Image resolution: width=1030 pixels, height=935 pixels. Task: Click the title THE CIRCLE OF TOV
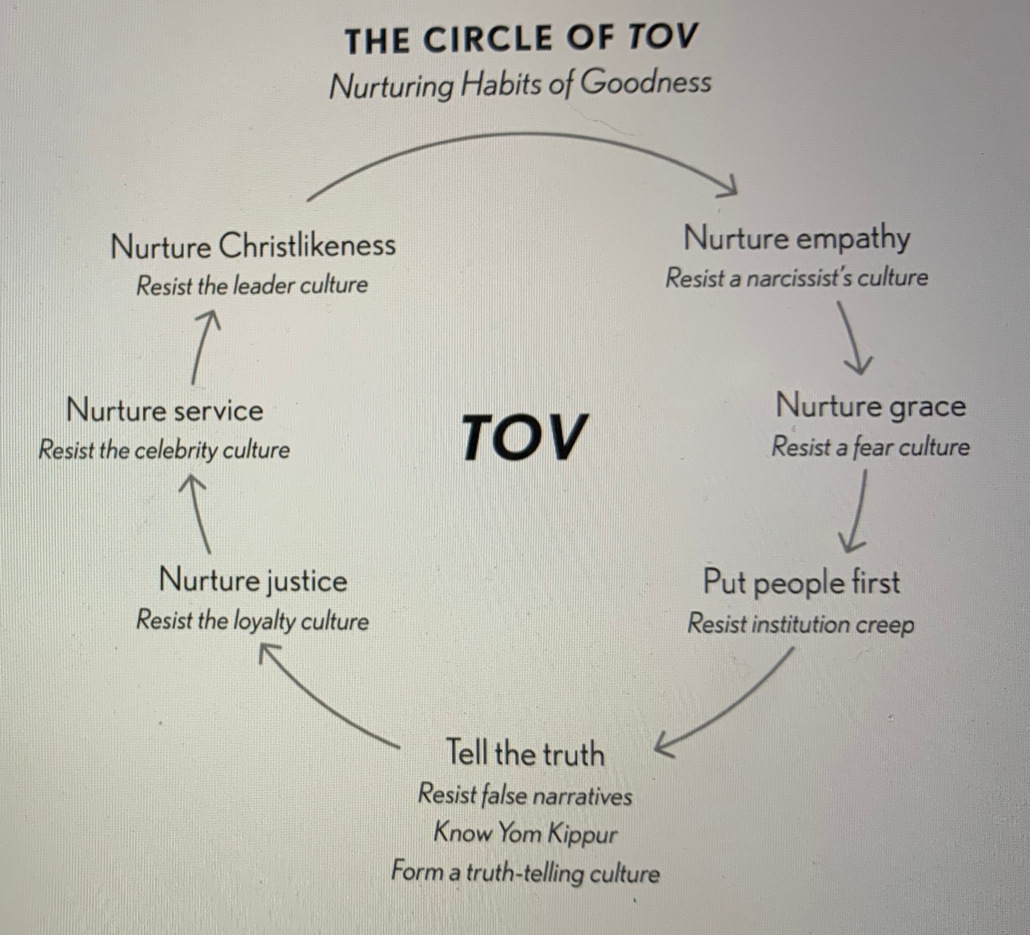tap(521, 39)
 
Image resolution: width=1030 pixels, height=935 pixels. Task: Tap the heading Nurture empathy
tap(797, 239)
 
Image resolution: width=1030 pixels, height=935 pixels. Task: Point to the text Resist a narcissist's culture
tap(797, 278)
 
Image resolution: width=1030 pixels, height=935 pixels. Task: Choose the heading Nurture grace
tap(871, 407)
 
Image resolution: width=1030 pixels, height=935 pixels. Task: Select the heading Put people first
tap(801, 582)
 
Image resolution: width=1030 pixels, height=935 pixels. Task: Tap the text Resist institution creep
tap(801, 624)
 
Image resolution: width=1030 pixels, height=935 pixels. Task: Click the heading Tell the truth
tap(525, 754)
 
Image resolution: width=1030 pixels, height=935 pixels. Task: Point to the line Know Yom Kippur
tap(525, 833)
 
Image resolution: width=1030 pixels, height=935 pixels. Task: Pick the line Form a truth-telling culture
tap(525, 872)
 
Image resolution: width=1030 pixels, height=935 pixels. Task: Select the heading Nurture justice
tap(253, 581)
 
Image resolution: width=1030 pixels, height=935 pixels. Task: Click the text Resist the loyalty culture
tap(252, 620)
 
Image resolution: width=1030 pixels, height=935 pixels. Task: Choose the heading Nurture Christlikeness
tap(253, 246)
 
